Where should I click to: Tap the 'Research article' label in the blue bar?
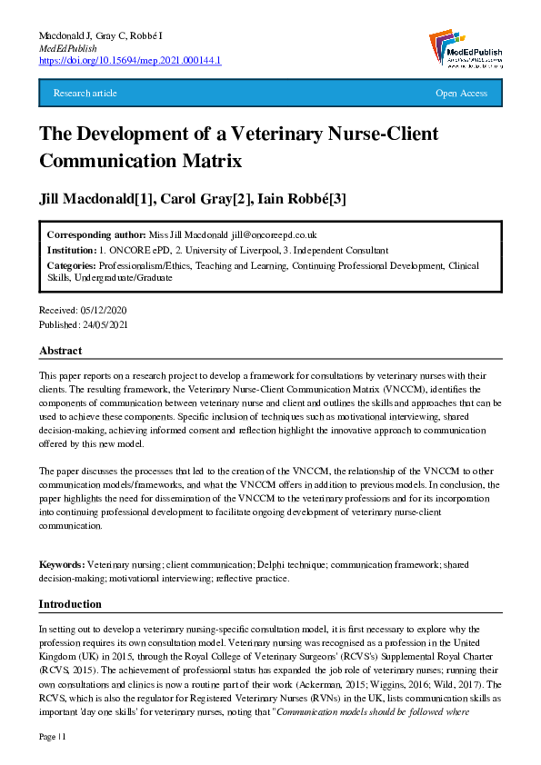85,94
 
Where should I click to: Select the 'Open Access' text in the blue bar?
461,94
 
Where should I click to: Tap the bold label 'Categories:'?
73,266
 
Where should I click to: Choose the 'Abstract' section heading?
60,351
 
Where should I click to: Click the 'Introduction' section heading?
70,604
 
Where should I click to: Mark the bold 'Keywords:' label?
62,565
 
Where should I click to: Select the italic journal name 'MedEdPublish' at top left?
63,47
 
